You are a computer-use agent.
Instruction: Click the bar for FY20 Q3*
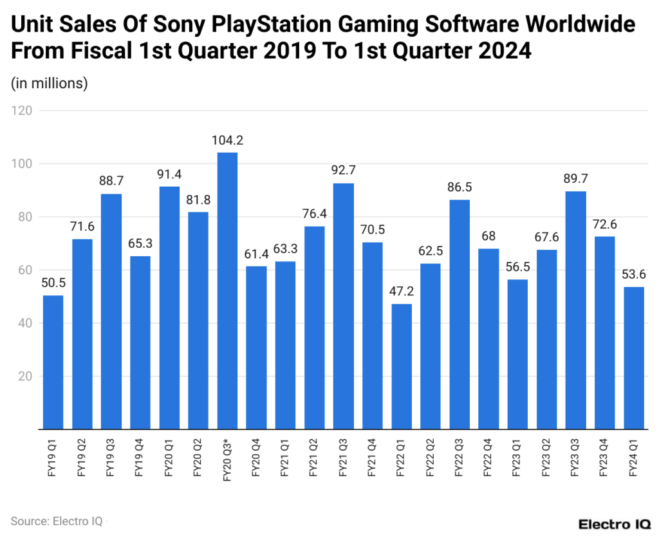(227, 290)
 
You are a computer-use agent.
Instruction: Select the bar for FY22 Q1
(402, 366)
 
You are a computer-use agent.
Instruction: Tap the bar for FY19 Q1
(53, 362)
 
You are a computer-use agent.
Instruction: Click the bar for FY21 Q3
(344, 306)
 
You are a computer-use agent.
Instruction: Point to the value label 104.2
(227, 140)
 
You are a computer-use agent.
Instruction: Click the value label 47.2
(402, 292)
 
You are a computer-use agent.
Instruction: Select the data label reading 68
(488, 236)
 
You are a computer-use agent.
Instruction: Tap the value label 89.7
(576, 179)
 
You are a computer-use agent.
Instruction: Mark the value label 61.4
(256, 254)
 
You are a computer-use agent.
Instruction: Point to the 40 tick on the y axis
(24, 323)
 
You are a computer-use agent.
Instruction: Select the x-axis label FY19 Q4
(140, 459)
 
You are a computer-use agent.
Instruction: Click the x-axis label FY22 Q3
(459, 459)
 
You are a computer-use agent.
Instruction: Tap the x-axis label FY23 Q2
(547, 459)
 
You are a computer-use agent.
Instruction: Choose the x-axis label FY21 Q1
(285, 459)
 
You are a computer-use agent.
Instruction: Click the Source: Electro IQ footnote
(56, 521)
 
